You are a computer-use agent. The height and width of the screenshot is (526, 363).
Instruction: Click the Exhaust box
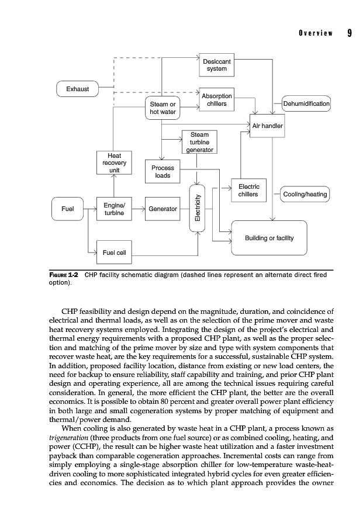point(78,89)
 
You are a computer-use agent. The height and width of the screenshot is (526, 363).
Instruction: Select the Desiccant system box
point(216,65)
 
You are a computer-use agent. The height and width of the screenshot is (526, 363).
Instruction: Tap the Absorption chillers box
point(216,100)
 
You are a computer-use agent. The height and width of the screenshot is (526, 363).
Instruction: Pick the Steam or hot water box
point(163,108)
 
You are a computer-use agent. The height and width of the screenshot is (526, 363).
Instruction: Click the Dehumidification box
point(306,104)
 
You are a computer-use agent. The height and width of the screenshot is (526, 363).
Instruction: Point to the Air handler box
point(267,126)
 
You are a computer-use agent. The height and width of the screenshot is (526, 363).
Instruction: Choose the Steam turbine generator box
point(200,142)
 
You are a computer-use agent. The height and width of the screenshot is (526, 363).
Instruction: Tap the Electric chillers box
point(249,191)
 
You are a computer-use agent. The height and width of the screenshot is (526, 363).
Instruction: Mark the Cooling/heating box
point(305,194)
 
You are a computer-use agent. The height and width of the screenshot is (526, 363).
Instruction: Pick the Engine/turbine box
point(115,209)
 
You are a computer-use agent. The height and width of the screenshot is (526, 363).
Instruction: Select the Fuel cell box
point(115,252)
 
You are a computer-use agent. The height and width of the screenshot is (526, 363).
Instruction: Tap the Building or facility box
point(269,237)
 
